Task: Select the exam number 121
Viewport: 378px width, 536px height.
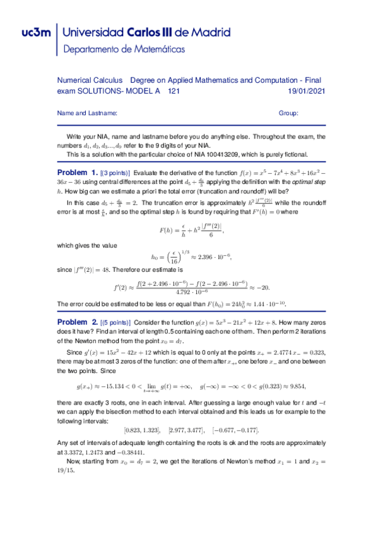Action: pyautogui.click(x=174, y=91)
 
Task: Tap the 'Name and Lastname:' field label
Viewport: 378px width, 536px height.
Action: pyautogui.click(x=87, y=113)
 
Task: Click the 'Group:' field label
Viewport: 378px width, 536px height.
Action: pyautogui.click(x=288, y=113)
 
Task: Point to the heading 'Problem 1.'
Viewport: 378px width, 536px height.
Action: pyautogui.click(x=77, y=172)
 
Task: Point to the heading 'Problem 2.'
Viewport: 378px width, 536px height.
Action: pyautogui.click(x=77, y=322)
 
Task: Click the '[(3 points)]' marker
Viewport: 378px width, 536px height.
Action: pyautogui.click(x=115, y=173)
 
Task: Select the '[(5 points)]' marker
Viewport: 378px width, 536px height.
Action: pyautogui.click(x=115, y=322)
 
